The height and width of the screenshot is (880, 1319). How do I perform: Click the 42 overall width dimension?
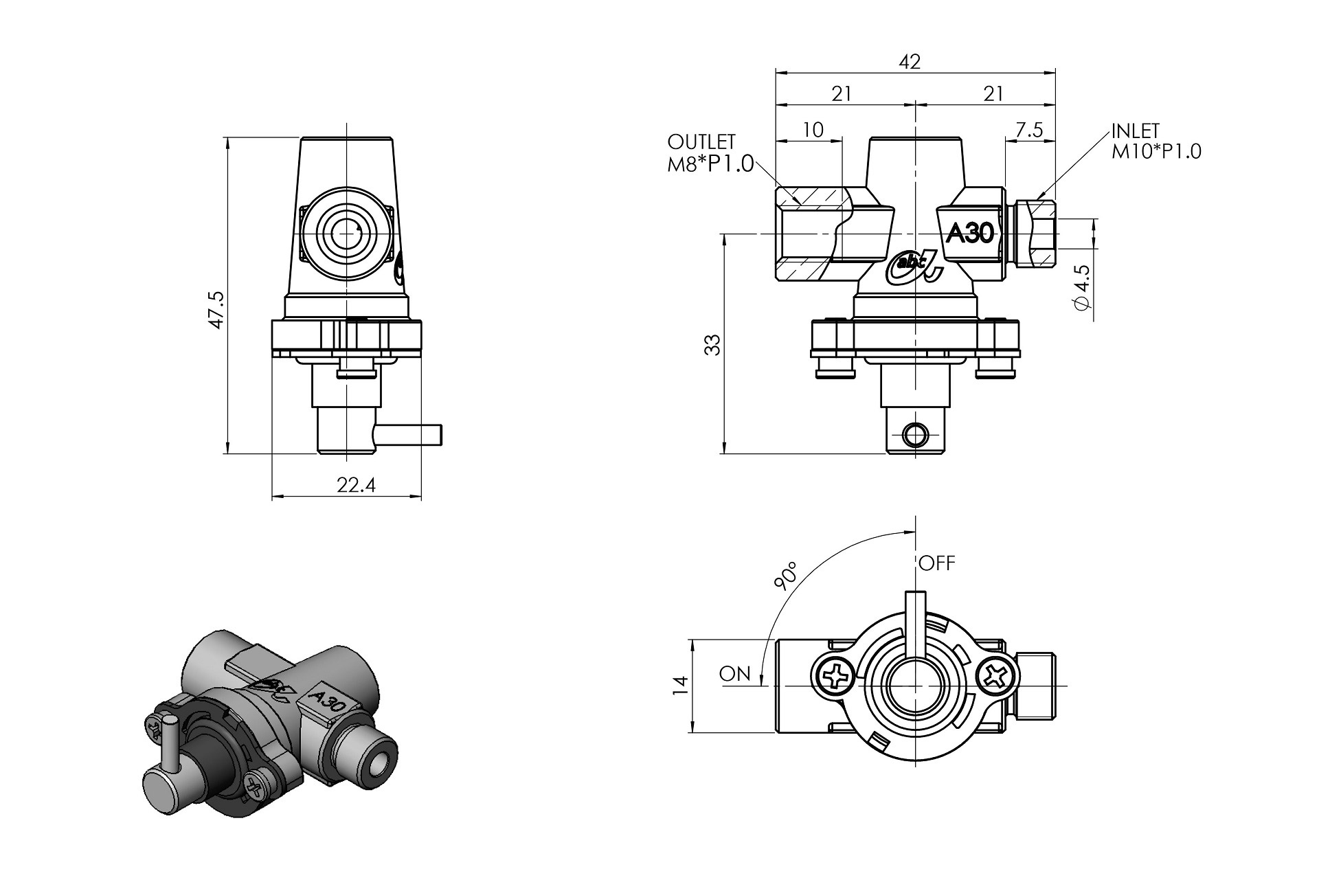[x=910, y=61]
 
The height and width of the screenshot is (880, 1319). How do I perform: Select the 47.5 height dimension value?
[x=216, y=309]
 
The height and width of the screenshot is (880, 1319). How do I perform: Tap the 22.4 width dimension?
[x=356, y=486]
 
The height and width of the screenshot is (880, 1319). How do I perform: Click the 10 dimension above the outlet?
[x=813, y=130]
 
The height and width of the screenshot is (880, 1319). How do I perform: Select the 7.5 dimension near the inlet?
[x=1028, y=130]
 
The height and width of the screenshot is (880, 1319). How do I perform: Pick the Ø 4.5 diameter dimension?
[x=1081, y=288]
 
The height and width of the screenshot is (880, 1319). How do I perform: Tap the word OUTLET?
[x=701, y=142]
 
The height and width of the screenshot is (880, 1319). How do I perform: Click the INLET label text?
[x=1135, y=131]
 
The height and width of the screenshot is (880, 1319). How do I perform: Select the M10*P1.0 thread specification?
[x=1156, y=151]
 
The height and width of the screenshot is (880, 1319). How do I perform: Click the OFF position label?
[x=937, y=563]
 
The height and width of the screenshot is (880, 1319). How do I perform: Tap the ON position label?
[x=735, y=674]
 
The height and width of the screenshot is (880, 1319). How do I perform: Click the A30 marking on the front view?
[x=970, y=234]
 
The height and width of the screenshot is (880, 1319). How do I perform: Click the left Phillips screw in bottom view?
[x=837, y=677]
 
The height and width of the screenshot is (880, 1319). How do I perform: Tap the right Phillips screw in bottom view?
[x=994, y=677]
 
